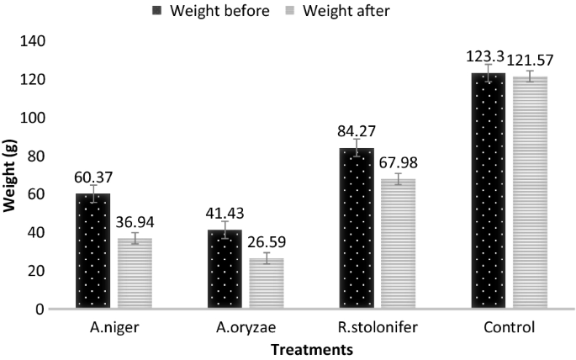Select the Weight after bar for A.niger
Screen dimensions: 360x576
135,273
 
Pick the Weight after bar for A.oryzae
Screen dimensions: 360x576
266,283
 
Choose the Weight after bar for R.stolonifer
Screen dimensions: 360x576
398,244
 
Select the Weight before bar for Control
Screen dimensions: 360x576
489,191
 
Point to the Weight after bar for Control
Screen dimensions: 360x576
530,193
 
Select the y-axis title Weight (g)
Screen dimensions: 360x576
11,175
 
